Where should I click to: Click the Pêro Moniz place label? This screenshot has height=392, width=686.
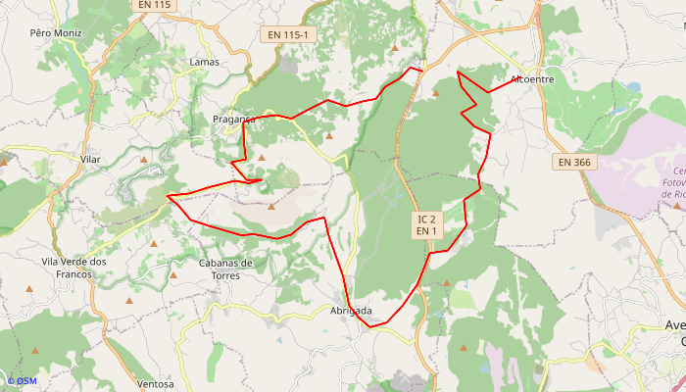point(55,32)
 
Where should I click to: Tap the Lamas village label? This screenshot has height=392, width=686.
point(204,62)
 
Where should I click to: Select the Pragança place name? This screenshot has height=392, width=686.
point(233,120)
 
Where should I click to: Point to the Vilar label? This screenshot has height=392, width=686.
point(91,159)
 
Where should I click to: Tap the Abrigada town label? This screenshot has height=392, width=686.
point(350,311)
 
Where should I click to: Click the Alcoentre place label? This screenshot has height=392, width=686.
point(532,79)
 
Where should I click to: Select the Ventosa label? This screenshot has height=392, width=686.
point(157,383)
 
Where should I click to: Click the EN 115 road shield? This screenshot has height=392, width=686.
point(154,5)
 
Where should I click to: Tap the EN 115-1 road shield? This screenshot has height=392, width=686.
point(287,35)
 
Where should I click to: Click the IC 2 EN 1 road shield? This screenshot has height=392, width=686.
point(425,224)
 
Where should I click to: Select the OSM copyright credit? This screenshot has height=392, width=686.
point(21,381)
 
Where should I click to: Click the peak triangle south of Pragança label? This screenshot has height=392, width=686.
point(262,157)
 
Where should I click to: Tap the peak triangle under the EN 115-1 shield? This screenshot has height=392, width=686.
point(395,47)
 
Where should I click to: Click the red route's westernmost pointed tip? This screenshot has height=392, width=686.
point(168,196)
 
